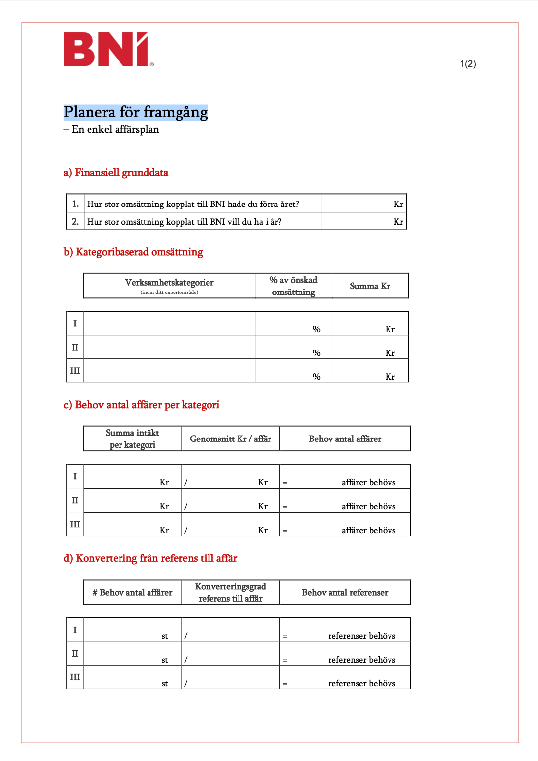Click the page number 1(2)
pyautogui.click(x=468, y=64)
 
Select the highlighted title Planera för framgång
pyautogui.click(x=136, y=112)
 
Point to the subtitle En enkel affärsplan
pyautogui.click(x=112, y=129)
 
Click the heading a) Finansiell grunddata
pyautogui.click(x=116, y=173)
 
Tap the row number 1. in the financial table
pyautogui.click(x=75, y=204)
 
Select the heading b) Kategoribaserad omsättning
pyautogui.click(x=133, y=252)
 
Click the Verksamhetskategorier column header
pyautogui.click(x=169, y=283)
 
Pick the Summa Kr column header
pyautogui.click(x=370, y=286)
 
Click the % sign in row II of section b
pyautogui.click(x=317, y=353)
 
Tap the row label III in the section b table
pyautogui.click(x=75, y=371)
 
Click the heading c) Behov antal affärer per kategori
pyautogui.click(x=142, y=405)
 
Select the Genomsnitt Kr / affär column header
pyautogui.click(x=231, y=439)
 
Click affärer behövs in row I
pyautogui.click(x=368, y=482)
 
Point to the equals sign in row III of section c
pyautogui.click(x=285, y=531)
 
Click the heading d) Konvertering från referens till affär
pyautogui.click(x=150, y=558)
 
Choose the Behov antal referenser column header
pyautogui.click(x=345, y=593)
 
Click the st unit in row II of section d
pyautogui.click(x=165, y=660)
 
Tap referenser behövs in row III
pyautogui.click(x=361, y=683)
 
